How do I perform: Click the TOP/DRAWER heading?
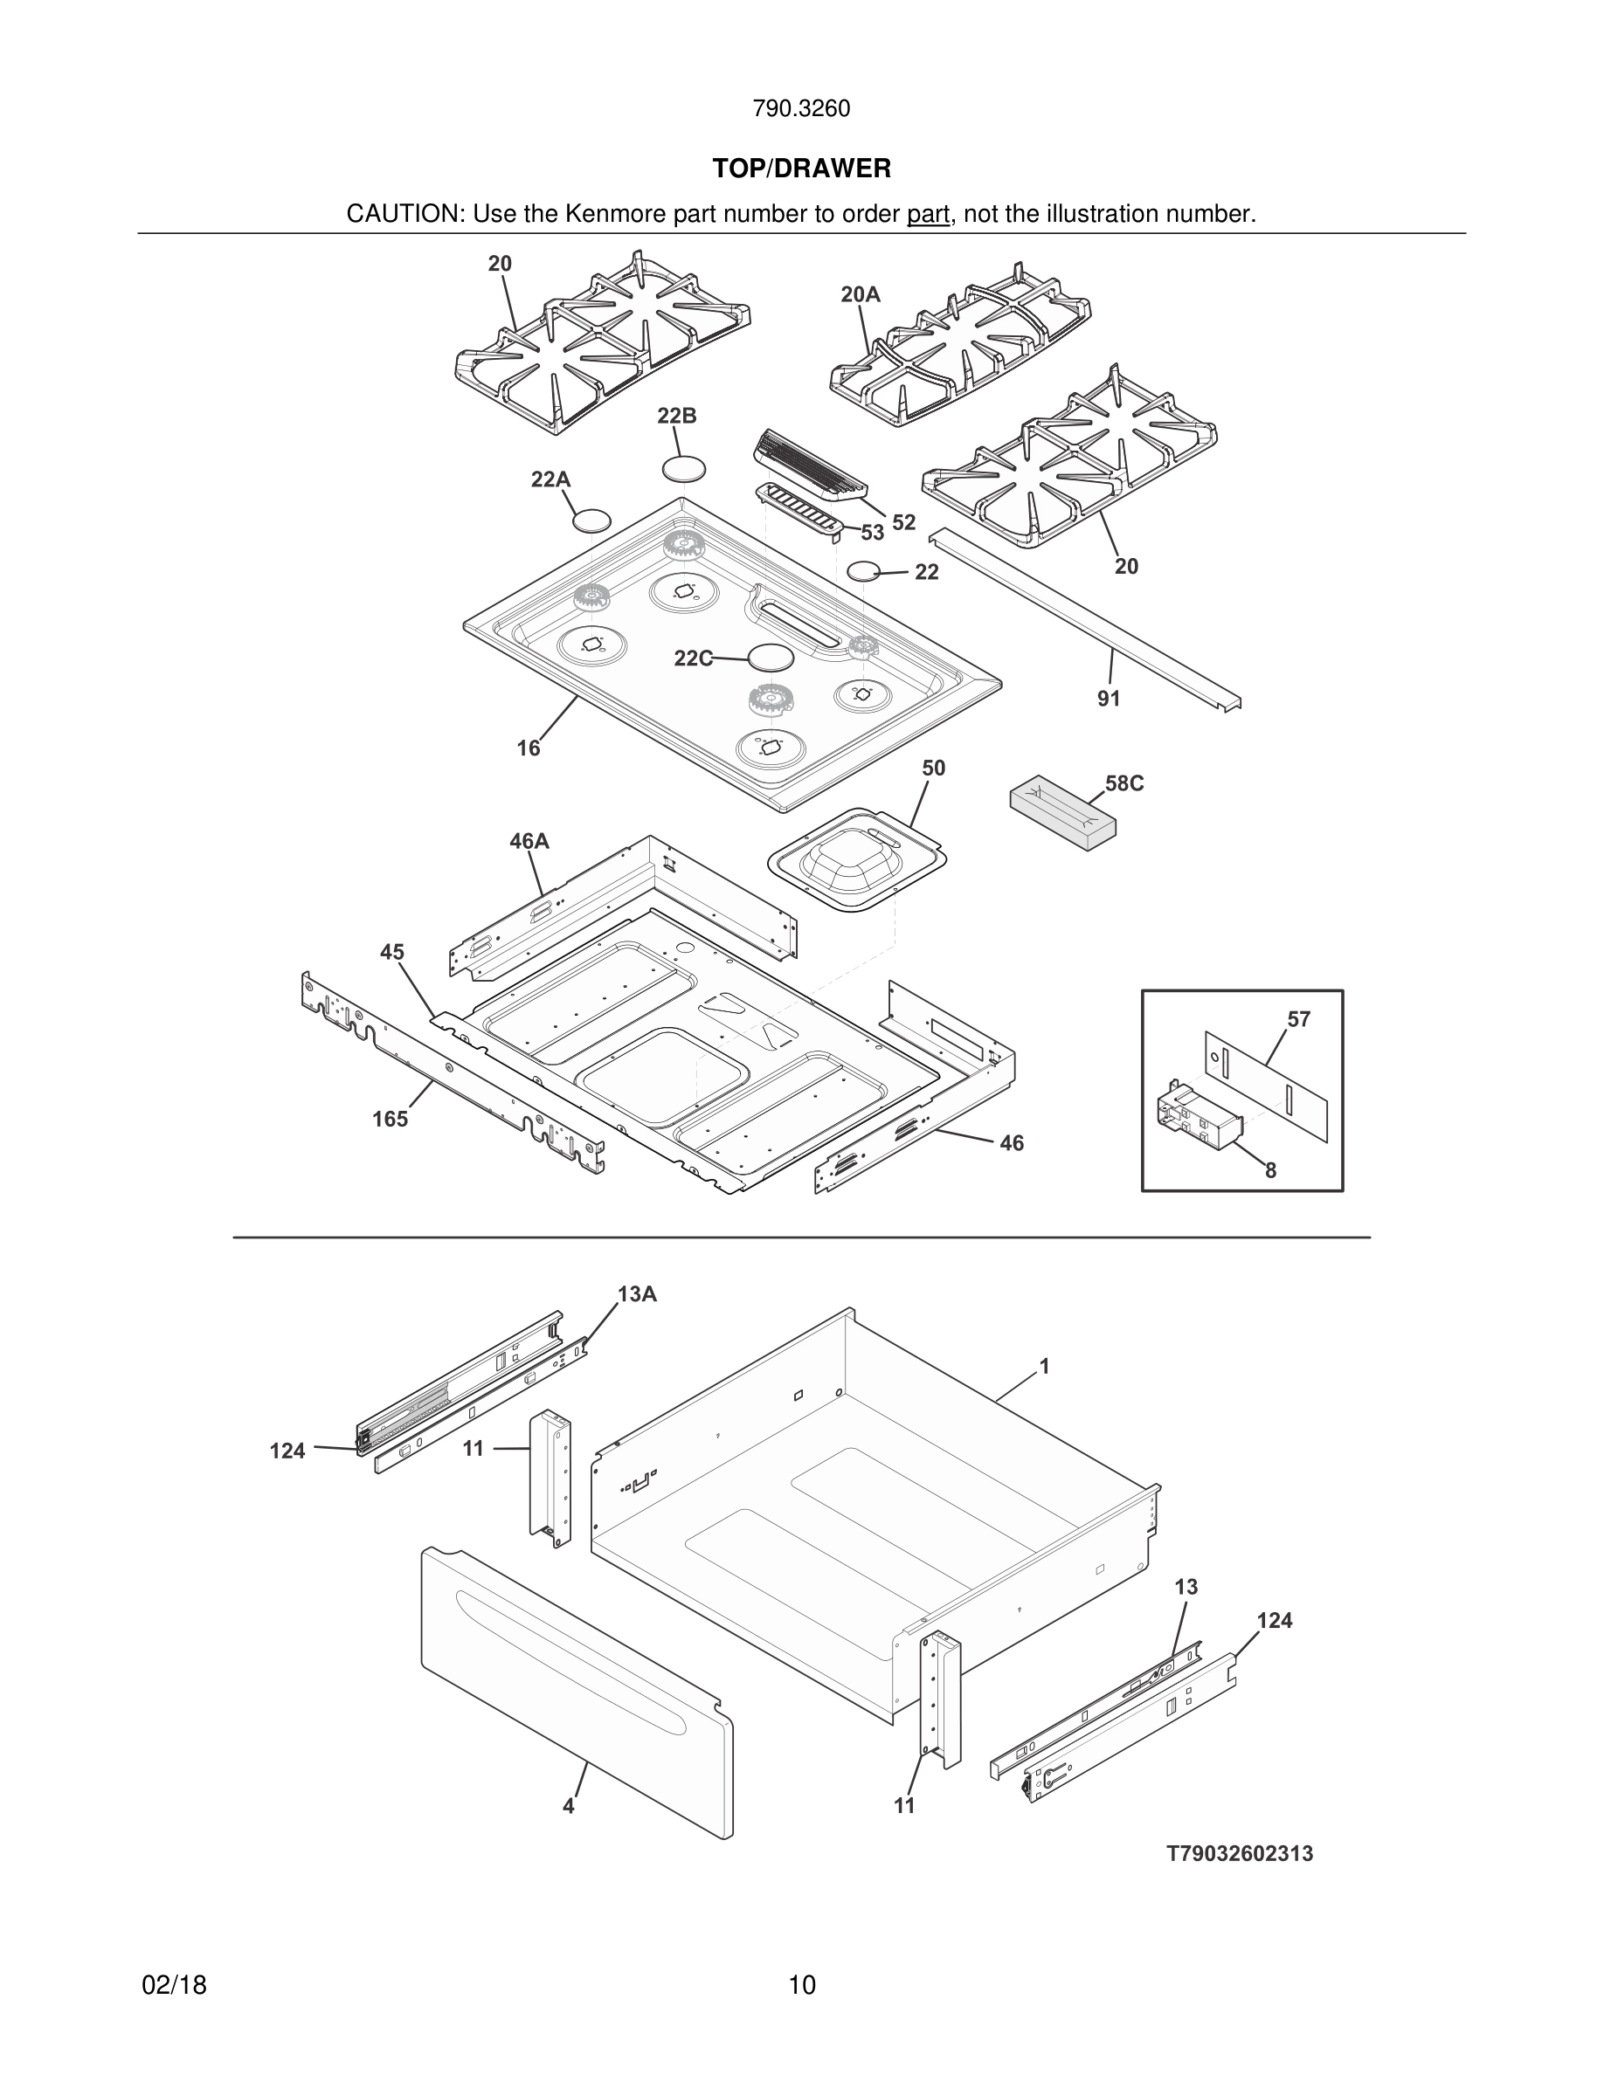(x=801, y=169)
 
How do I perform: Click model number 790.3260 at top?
(x=801, y=109)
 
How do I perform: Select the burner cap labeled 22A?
(x=591, y=520)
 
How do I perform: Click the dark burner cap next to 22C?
(x=770, y=658)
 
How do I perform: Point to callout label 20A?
(x=860, y=295)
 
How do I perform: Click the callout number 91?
(x=1108, y=700)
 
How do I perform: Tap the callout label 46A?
(x=529, y=842)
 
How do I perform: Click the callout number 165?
(x=390, y=1120)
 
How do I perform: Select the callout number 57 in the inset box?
(x=1298, y=1019)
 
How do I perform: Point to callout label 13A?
(x=637, y=1294)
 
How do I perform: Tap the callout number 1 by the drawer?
(x=1044, y=1366)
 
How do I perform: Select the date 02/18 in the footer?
(x=174, y=1985)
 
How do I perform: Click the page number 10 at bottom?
(x=801, y=1985)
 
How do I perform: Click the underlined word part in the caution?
(x=928, y=215)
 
